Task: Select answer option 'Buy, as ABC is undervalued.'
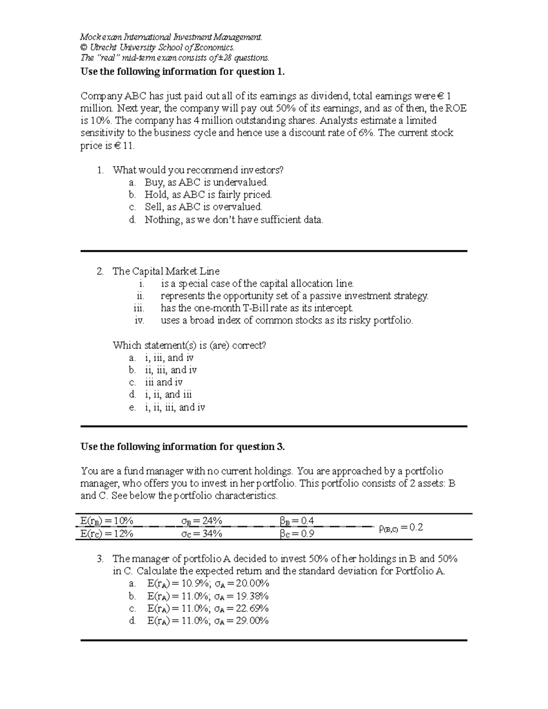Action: pos(206,182)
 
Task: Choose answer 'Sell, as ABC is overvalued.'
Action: pos(203,207)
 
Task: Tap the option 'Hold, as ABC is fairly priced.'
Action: pos(208,194)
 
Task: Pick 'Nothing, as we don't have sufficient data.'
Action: pos(234,220)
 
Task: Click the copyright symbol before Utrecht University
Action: pos(83,47)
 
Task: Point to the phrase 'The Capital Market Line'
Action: pos(166,271)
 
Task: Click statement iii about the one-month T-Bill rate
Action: pos(257,308)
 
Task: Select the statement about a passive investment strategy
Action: pos(295,296)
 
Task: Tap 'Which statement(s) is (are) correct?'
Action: pos(189,345)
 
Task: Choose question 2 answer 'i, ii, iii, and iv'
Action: pos(175,407)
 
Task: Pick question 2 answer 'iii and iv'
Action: pos(163,383)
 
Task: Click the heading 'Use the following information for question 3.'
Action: pos(183,446)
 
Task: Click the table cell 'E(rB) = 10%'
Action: pos(106,521)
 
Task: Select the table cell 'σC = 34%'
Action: pos(201,533)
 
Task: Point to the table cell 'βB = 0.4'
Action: pos(297,521)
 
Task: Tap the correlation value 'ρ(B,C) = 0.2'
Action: pos(401,528)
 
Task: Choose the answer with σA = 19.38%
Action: pos(208,596)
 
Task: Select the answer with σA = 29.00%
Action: pos(208,620)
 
